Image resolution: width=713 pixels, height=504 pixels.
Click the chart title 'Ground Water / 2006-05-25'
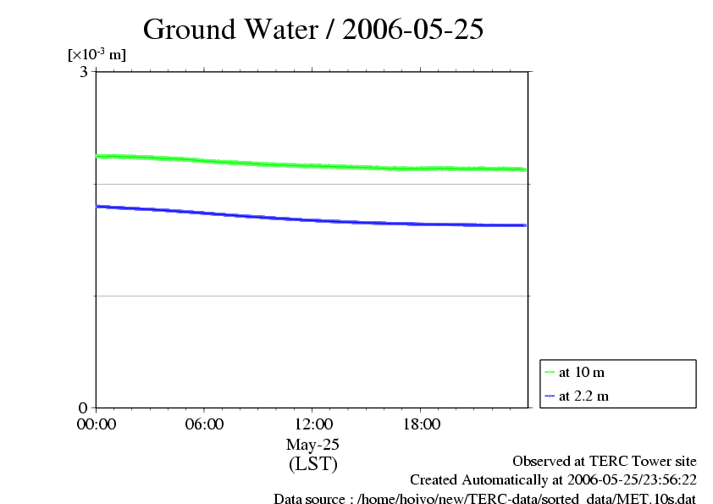point(313,30)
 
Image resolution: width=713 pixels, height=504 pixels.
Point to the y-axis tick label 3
point(84,72)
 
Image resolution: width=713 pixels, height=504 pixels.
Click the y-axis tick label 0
point(84,407)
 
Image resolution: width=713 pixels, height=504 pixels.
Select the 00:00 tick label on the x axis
point(96,424)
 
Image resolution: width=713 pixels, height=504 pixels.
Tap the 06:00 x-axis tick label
point(204,424)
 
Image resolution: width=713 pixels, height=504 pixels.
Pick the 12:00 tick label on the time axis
point(312,424)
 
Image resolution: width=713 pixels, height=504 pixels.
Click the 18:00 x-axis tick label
point(421,424)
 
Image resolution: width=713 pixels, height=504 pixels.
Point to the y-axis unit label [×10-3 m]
point(97,55)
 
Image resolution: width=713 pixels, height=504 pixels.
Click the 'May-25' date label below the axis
point(312,444)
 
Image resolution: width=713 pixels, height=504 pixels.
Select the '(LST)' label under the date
point(312,463)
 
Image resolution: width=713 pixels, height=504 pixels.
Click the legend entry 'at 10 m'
point(582,373)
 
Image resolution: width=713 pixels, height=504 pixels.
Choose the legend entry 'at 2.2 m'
point(584,396)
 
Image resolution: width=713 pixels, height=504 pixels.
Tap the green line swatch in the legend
point(550,373)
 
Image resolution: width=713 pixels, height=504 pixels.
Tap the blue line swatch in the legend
point(550,396)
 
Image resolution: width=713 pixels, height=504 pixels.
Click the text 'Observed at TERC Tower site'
point(605,462)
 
